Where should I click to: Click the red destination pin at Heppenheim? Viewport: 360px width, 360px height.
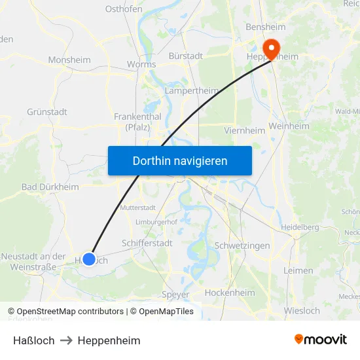pyautogui.click(x=270, y=48)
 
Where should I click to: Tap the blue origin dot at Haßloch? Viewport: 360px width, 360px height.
pyautogui.click(x=89, y=259)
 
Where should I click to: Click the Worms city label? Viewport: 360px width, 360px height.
pyautogui.click(x=141, y=64)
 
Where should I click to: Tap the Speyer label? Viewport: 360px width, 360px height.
pyautogui.click(x=175, y=295)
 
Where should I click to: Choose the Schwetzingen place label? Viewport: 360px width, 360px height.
pyautogui.click(x=242, y=245)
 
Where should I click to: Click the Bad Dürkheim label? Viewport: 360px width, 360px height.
pyautogui.click(x=50, y=187)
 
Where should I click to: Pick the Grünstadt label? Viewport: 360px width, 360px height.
pyautogui.click(x=47, y=112)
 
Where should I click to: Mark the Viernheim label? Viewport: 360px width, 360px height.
pyautogui.click(x=244, y=130)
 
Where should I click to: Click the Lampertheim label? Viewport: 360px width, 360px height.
pyautogui.click(x=192, y=90)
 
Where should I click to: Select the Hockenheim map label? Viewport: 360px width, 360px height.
pyautogui.click(x=230, y=293)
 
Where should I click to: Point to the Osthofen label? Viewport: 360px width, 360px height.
pyautogui.click(x=124, y=9)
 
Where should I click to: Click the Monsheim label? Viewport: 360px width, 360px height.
pyautogui.click(x=69, y=60)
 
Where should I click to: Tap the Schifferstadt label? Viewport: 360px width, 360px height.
pyautogui.click(x=147, y=243)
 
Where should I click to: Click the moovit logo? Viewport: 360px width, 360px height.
pyautogui.click(x=320, y=339)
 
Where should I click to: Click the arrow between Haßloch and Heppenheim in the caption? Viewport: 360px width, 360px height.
pyautogui.click(x=66, y=340)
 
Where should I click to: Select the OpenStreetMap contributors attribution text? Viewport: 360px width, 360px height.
pyautogui.click(x=69, y=312)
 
